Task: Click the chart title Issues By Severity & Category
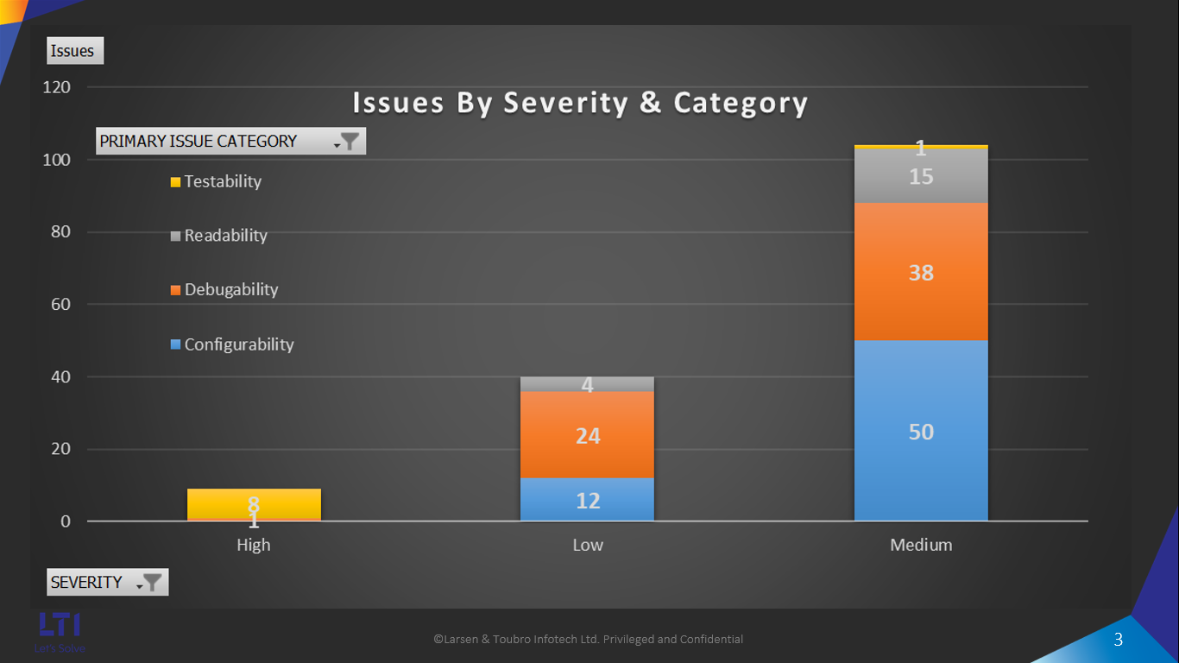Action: point(580,103)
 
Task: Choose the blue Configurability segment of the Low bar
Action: point(587,500)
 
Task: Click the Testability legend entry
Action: point(222,181)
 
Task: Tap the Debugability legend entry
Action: point(230,290)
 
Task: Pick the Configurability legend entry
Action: point(238,344)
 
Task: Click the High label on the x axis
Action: point(254,545)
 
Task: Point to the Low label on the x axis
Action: point(588,545)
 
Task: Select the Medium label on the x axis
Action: point(921,545)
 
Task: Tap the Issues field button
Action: point(74,51)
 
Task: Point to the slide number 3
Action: point(1119,640)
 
